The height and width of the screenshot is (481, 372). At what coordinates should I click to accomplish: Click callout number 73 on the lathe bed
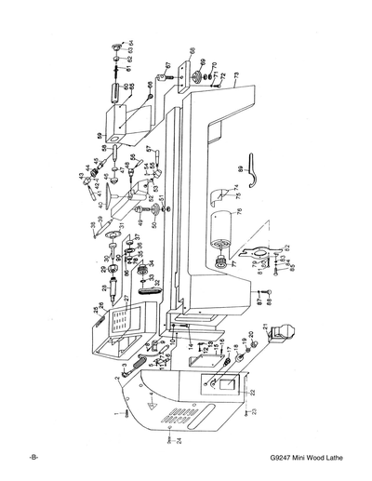pos(237,74)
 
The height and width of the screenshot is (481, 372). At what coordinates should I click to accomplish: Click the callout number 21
pos(267,327)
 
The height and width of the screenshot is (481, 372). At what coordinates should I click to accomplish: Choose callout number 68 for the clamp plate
pos(192,50)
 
